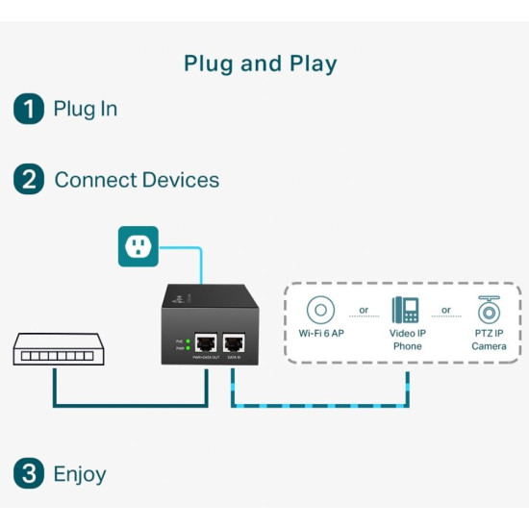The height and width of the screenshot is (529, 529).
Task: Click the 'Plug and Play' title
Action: pyautogui.click(x=261, y=64)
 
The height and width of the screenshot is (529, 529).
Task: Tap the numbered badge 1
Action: pyautogui.click(x=29, y=109)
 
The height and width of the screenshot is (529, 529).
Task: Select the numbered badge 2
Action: pyautogui.click(x=29, y=179)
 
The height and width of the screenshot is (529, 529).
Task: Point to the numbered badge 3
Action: pyautogui.click(x=29, y=473)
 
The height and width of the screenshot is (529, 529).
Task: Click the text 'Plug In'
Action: pyautogui.click(x=86, y=109)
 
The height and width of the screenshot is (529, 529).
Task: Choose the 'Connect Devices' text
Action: pyautogui.click(x=137, y=180)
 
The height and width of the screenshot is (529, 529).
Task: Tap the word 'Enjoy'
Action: pyautogui.click(x=80, y=473)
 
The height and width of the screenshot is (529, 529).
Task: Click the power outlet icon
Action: pyautogui.click(x=137, y=246)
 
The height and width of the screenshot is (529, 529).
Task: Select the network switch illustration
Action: pyautogui.click(x=57, y=352)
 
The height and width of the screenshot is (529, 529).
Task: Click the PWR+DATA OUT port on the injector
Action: pyautogui.click(x=206, y=342)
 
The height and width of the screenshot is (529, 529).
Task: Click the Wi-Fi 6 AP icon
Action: pyautogui.click(x=320, y=311)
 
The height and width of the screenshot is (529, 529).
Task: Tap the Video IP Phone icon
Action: pyautogui.click(x=406, y=310)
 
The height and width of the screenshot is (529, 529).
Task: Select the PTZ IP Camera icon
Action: pyautogui.click(x=489, y=310)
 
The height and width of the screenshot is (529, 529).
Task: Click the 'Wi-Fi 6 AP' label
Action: pyautogui.click(x=320, y=334)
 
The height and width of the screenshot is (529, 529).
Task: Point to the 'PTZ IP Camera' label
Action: pyautogui.click(x=489, y=340)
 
